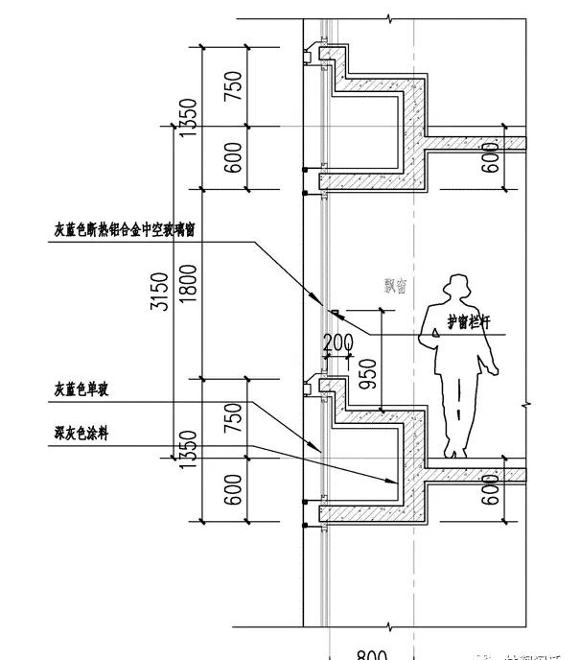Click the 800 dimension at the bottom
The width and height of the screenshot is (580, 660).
point(370,655)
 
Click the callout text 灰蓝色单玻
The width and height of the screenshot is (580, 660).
point(82,389)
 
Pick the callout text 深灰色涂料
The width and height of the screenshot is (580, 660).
point(82,434)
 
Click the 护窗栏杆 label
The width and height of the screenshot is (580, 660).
point(467,323)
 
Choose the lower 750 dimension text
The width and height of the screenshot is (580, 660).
point(233,418)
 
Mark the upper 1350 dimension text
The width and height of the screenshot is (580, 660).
point(188,116)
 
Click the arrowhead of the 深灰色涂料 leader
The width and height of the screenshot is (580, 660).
point(394,481)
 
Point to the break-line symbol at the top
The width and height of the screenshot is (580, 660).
point(389,19)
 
